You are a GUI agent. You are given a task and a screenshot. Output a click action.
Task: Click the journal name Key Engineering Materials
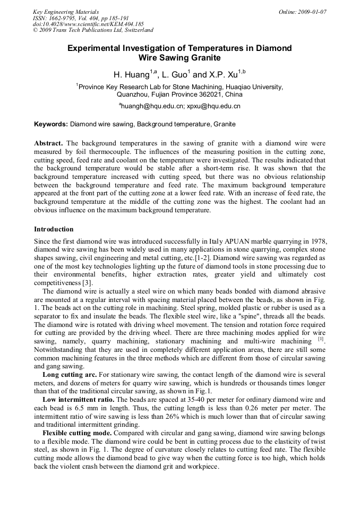pyautogui.click(x=66, y=12)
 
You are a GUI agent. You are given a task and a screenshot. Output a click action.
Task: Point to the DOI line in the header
pyautogui.click(x=88, y=24)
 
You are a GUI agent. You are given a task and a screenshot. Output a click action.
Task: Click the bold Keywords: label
pyautogui.click(x=51, y=124)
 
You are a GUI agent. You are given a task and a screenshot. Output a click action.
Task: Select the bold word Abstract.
pyautogui.click(x=48, y=143)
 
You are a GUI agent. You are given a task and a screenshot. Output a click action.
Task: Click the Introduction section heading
pyautogui.click(x=54, y=229)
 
